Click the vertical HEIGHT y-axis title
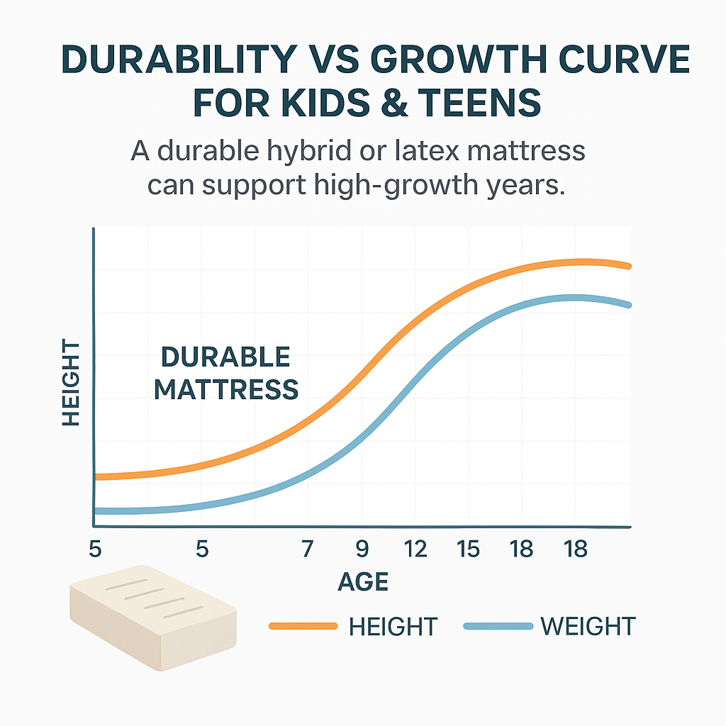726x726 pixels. click(x=71, y=383)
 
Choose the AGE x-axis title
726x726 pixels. click(x=363, y=582)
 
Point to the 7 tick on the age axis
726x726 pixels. click(x=307, y=549)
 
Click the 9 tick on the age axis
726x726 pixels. click(x=362, y=549)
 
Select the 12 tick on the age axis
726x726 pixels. click(x=415, y=549)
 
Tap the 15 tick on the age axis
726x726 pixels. click(x=468, y=549)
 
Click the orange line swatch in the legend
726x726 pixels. click(x=303, y=626)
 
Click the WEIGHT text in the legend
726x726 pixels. click(x=588, y=626)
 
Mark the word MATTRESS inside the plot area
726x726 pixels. click(x=225, y=389)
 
